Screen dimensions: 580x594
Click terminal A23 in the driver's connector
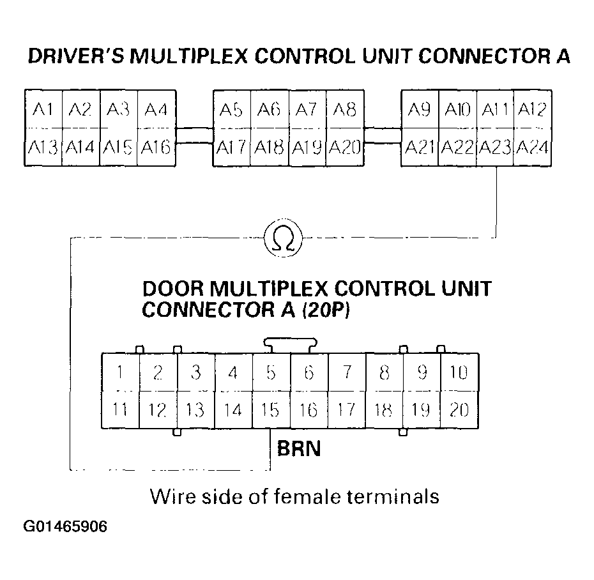[x=495, y=148]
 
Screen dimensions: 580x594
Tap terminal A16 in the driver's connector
[x=156, y=148]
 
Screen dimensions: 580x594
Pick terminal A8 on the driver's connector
[x=345, y=110]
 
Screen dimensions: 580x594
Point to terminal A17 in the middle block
[x=231, y=148]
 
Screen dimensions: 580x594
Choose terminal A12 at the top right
[x=531, y=110]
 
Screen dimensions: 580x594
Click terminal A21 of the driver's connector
[x=420, y=148]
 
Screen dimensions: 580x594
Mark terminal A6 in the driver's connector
[x=270, y=110]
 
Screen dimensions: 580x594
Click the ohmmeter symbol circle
[x=283, y=238]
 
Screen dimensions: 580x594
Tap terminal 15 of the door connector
[x=271, y=409]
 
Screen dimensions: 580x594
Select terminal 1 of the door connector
[x=120, y=372]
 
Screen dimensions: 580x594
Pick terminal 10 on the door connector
[x=459, y=372]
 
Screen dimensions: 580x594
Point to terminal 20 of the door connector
[x=459, y=409]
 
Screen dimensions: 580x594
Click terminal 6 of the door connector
[x=308, y=372]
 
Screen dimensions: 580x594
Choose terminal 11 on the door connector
[x=120, y=409]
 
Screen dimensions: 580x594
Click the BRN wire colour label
[x=299, y=449]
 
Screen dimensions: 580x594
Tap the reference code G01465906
[x=65, y=527]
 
